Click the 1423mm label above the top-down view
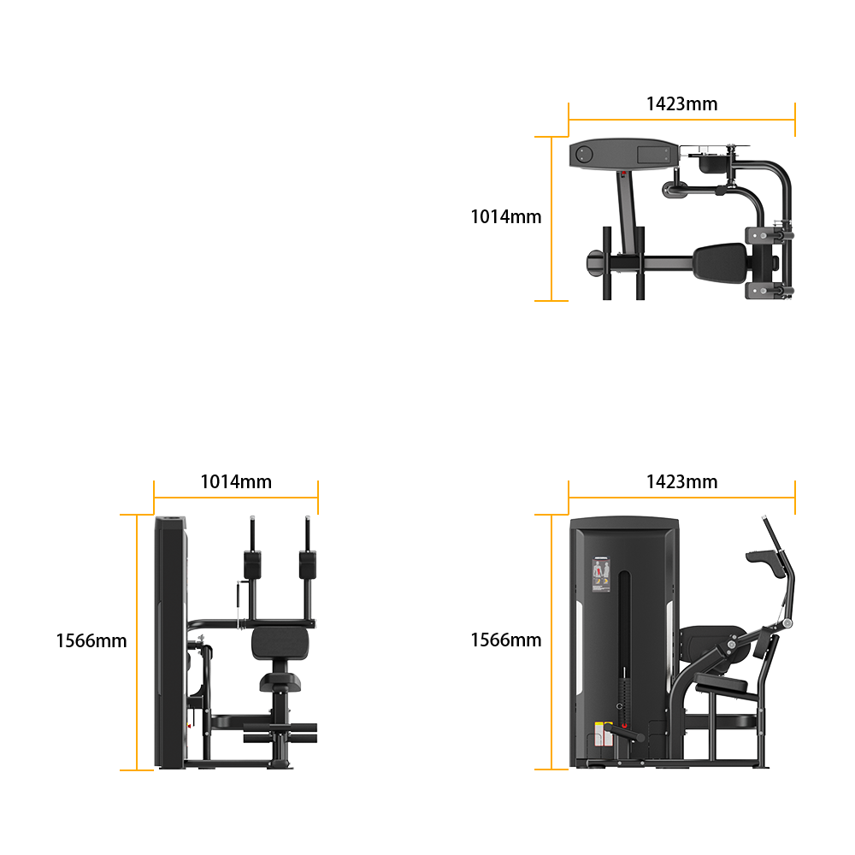click(681, 103)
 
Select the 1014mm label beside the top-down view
click(506, 216)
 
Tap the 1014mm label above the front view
click(236, 481)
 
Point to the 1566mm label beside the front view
click(91, 640)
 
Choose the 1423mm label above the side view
click(681, 481)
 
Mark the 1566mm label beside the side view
click(506, 640)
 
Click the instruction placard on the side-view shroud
click(601, 575)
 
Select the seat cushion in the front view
click(280, 682)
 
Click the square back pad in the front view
click(280, 643)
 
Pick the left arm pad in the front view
click(252, 565)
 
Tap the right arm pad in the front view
click(308, 565)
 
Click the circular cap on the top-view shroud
click(584, 154)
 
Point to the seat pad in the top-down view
click(721, 263)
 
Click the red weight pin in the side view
click(624, 726)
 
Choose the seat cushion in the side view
click(722, 682)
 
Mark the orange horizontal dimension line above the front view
click(236, 498)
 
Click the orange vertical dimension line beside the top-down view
click(551, 218)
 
